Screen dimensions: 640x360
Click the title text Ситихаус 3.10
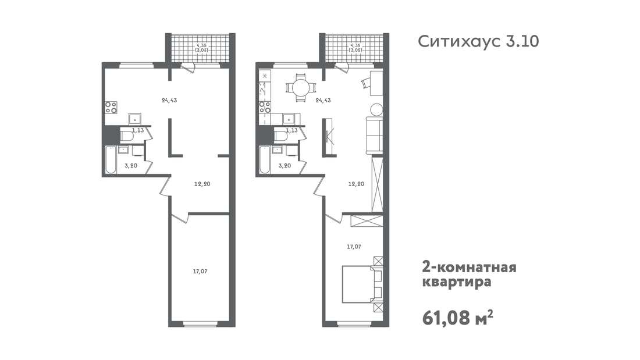tap(478, 42)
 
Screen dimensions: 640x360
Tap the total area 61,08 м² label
tap(457, 318)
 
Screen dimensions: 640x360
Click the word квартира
tap(456, 282)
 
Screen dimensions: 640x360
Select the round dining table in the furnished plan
tap(300, 87)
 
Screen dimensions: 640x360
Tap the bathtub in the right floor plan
tap(265, 159)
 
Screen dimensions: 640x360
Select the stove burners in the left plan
tap(111, 108)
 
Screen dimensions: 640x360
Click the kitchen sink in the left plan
tap(135, 119)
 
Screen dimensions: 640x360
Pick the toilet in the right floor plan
tap(281, 136)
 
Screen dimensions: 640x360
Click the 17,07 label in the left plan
tap(200, 272)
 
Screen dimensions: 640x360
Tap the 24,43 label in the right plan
tap(323, 100)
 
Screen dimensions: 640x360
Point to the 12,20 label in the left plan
tap(202, 184)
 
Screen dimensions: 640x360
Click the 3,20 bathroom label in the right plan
tap(285, 166)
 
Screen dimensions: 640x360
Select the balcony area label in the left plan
tap(202, 47)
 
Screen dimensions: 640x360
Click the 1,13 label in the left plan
tap(137, 131)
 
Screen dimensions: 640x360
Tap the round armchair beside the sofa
tap(376, 109)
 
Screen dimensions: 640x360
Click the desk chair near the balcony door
tap(365, 83)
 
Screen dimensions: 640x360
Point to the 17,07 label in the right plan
tap(354, 247)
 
